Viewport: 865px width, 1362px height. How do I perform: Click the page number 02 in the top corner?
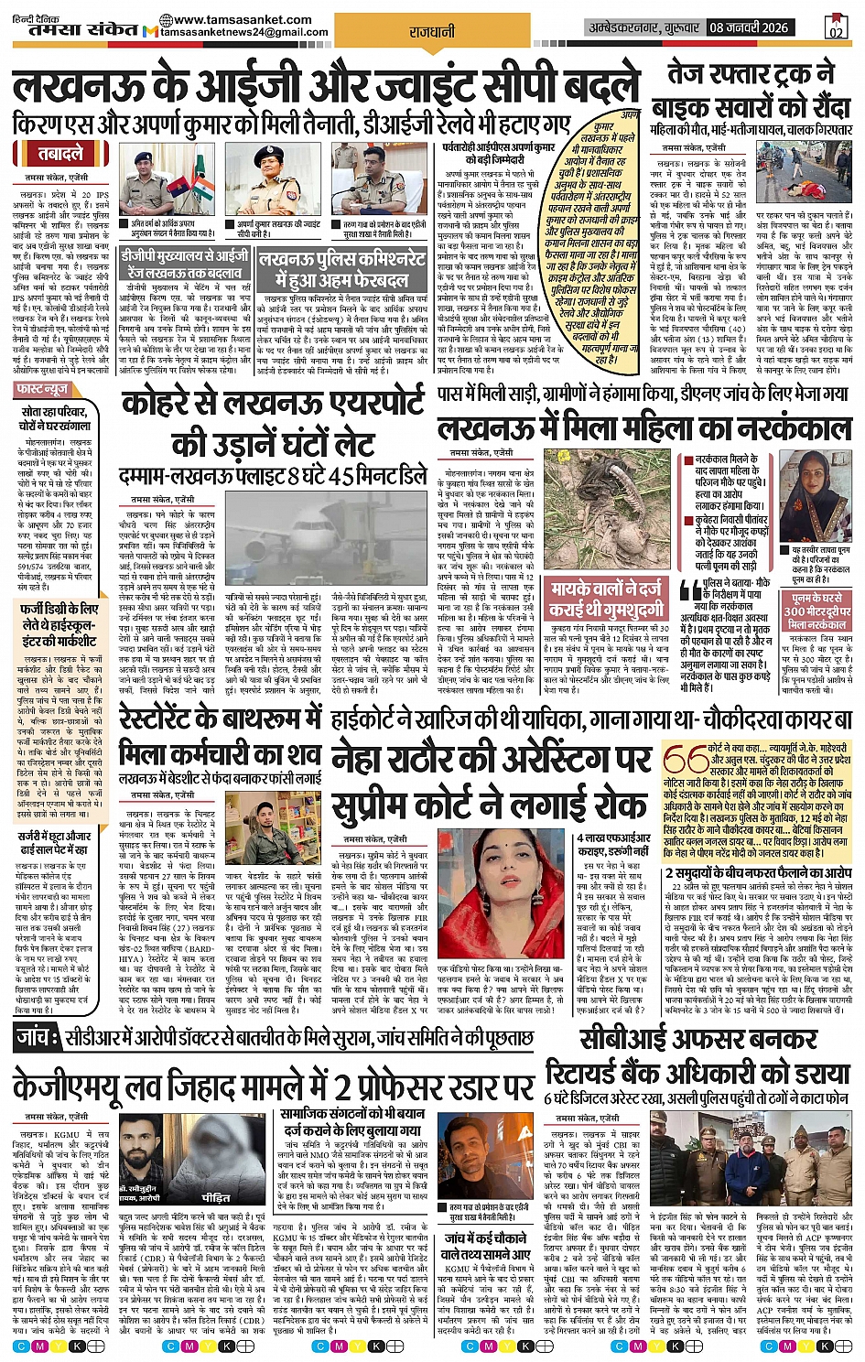[x=835, y=27]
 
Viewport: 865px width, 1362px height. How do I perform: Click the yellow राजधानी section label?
[x=432, y=32]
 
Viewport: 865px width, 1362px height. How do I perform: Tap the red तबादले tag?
[x=60, y=153]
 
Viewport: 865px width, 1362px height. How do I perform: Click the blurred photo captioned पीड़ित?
[x=217, y=1157]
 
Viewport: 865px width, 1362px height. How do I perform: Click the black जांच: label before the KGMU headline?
[x=38, y=1036]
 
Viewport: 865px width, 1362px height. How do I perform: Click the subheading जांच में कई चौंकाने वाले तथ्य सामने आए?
[x=485, y=1247]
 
